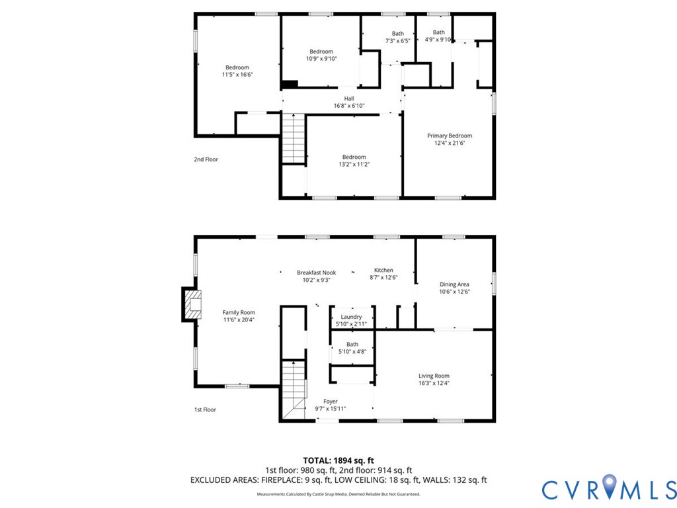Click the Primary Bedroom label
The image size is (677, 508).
[x=450, y=136]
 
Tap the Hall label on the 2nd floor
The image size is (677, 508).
[x=349, y=99]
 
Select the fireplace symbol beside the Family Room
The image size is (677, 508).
[x=191, y=304]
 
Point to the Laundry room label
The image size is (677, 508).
[x=351, y=317]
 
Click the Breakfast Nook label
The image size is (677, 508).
[x=317, y=273]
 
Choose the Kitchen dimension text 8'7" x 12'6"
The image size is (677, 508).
[x=383, y=278]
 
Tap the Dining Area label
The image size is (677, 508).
[x=454, y=284]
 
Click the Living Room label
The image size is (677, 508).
[x=434, y=376]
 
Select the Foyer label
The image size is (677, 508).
[x=331, y=402]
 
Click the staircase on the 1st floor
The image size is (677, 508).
[x=294, y=390]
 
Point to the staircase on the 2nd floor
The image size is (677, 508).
[x=294, y=138]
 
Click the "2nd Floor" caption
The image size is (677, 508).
[x=206, y=159]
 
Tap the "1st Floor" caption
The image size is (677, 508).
[x=205, y=409]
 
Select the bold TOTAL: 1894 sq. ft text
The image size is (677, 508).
[x=338, y=460]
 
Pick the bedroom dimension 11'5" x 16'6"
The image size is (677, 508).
[x=237, y=75]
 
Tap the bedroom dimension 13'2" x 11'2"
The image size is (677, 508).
[x=354, y=164]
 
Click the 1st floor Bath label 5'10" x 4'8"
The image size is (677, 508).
[x=352, y=348]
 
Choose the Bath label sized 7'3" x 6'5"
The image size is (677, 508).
[x=397, y=37]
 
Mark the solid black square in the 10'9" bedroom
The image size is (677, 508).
[x=290, y=84]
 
